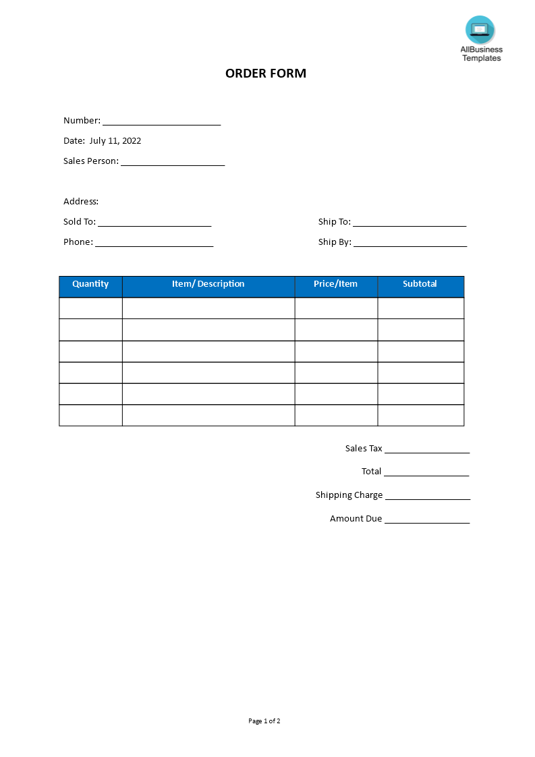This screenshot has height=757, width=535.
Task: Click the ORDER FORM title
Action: click(266, 74)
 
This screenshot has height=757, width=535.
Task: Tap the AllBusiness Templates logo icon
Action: click(480, 30)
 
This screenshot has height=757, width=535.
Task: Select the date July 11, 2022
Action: click(115, 141)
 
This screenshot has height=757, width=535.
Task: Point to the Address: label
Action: click(81, 202)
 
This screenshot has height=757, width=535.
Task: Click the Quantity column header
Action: click(90, 284)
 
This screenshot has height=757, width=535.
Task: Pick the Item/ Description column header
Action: click(208, 284)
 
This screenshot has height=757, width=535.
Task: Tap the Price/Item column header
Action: click(336, 284)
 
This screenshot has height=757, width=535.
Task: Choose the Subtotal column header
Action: click(420, 284)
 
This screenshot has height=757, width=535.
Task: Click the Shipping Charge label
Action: click(349, 495)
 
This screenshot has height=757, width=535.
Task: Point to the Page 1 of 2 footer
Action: click(264, 721)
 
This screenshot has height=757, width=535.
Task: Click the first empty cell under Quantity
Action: click(90, 308)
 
